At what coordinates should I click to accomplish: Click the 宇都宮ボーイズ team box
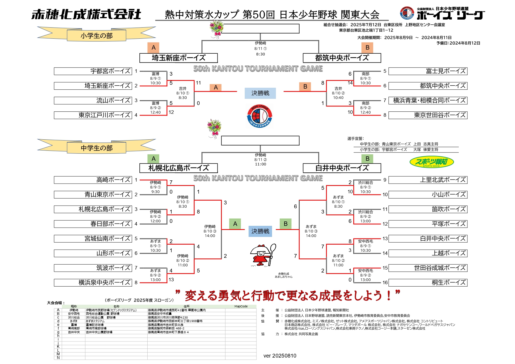click(x=93, y=71)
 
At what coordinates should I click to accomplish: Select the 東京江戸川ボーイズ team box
click(x=93, y=115)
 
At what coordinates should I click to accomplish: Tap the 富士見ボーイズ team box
click(x=428, y=71)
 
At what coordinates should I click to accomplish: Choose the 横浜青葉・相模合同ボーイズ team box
click(x=428, y=101)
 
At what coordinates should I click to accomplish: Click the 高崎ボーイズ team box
click(x=93, y=180)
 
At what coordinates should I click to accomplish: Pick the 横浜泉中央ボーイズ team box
click(x=93, y=282)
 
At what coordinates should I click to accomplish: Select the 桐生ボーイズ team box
click(x=428, y=282)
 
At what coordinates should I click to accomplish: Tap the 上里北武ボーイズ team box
click(x=428, y=180)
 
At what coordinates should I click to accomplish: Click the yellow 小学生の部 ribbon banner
click(x=97, y=36)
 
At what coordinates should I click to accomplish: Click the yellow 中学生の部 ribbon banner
click(x=97, y=148)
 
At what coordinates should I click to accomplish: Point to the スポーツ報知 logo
click(x=431, y=162)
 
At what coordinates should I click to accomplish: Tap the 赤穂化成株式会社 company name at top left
click(x=86, y=14)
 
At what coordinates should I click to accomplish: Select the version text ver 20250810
click(x=280, y=356)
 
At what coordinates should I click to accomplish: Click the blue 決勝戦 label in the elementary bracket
click(x=260, y=93)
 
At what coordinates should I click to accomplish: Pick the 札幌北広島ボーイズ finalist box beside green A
click(x=178, y=168)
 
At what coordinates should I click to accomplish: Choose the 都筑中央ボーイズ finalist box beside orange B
click(x=342, y=58)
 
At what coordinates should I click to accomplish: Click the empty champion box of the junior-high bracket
click(x=260, y=141)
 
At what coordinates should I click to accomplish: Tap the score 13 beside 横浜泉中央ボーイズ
click(x=171, y=280)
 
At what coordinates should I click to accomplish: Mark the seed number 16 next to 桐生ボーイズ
click(x=385, y=282)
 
